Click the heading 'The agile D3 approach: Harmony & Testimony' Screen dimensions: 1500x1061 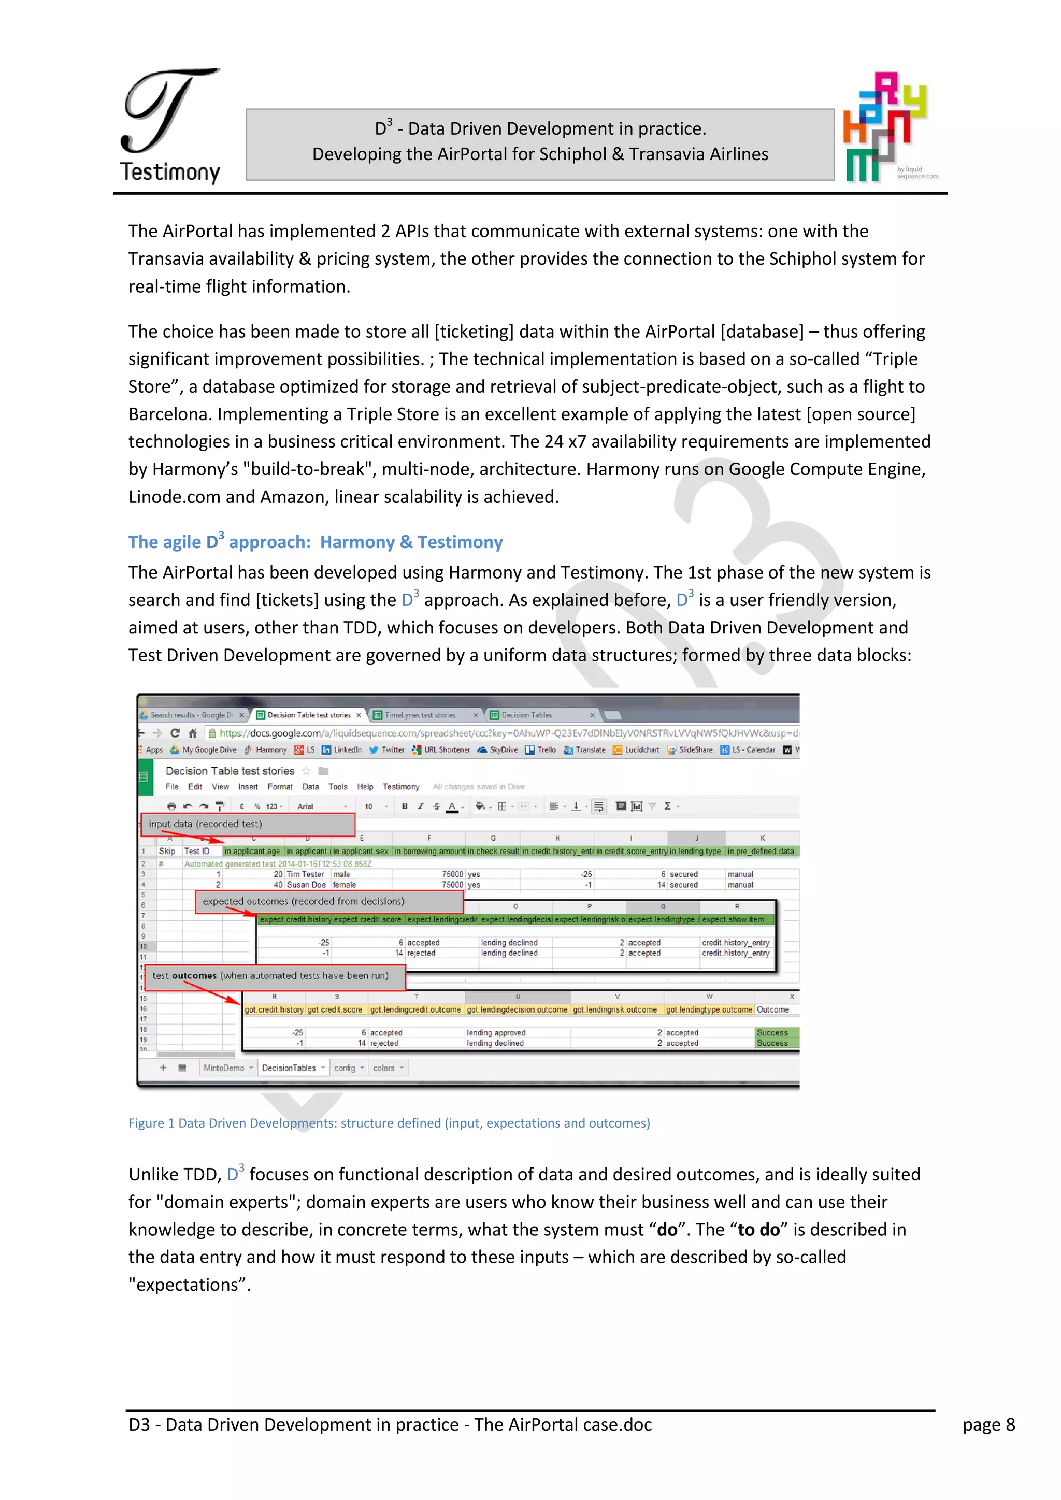(x=315, y=542)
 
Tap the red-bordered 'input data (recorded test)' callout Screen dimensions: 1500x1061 (x=248, y=825)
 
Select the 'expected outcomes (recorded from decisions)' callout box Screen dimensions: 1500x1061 (x=328, y=902)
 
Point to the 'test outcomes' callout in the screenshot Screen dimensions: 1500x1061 (x=274, y=976)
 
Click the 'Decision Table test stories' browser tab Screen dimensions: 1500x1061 (x=308, y=715)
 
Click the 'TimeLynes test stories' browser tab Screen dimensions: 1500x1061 (x=420, y=715)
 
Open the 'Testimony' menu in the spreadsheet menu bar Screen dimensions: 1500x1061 (x=400, y=787)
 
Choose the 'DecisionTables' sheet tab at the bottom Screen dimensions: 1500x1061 (x=289, y=1068)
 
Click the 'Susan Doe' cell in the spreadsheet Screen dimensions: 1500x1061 (x=306, y=885)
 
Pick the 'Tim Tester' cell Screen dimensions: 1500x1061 (x=305, y=875)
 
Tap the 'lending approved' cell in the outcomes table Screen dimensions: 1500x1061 (x=495, y=1033)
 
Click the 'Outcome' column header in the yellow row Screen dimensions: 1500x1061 (x=772, y=1010)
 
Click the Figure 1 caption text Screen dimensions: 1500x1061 (x=389, y=1123)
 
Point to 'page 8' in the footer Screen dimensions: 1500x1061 (x=988, y=1425)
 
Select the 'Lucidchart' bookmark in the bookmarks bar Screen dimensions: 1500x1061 (x=641, y=750)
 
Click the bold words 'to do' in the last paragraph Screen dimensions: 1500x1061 (x=758, y=1230)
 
